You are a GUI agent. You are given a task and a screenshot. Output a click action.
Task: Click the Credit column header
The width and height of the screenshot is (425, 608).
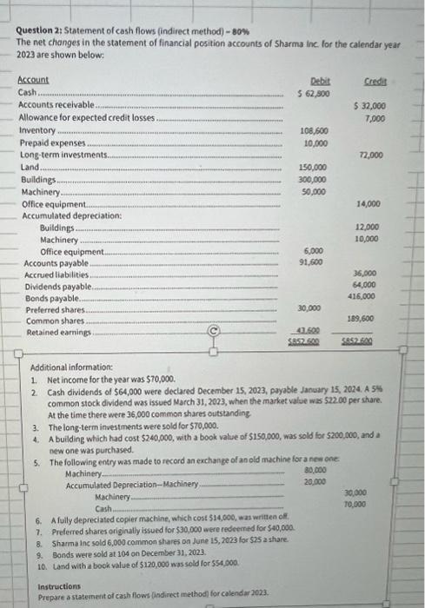375,79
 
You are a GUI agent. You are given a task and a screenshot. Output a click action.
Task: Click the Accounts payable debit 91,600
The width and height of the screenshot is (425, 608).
313,261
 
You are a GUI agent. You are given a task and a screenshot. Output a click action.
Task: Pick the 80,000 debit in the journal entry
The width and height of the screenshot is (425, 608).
315,470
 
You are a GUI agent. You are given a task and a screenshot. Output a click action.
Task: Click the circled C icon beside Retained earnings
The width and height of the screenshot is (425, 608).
213,331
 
